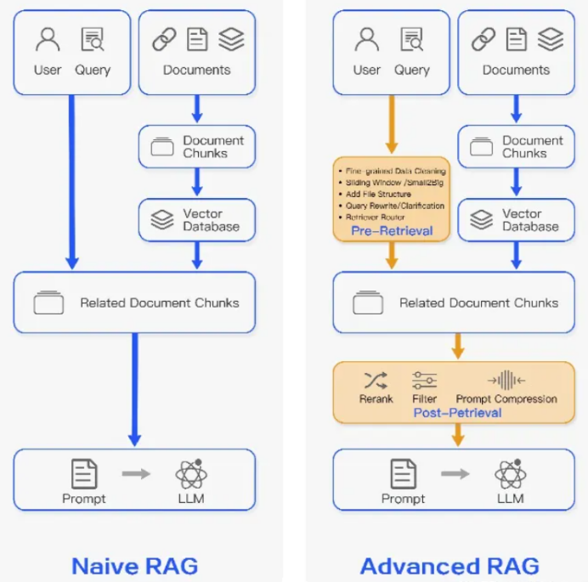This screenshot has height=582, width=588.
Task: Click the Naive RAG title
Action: pyautogui.click(x=134, y=565)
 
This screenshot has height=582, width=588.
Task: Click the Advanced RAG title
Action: pyautogui.click(x=449, y=565)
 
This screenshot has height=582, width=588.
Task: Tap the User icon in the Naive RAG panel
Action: pyautogui.click(x=48, y=39)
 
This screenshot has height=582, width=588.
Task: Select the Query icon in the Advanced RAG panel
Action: pyautogui.click(x=412, y=39)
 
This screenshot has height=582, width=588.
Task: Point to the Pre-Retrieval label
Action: pyautogui.click(x=390, y=231)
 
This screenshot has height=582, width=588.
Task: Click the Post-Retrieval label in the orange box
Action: pyautogui.click(x=457, y=413)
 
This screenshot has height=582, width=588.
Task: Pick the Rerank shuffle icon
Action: pyautogui.click(x=376, y=380)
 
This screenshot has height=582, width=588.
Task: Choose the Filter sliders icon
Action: pyautogui.click(x=424, y=380)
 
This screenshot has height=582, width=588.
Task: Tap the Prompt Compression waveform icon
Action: pyautogui.click(x=506, y=380)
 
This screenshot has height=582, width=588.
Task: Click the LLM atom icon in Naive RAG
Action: pyautogui.click(x=191, y=473)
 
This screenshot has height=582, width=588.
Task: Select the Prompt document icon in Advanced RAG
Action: pyautogui.click(x=403, y=473)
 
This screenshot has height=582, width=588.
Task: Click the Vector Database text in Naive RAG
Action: pyautogui.click(x=211, y=221)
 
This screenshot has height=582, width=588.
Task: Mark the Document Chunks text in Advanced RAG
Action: pyautogui.click(x=532, y=147)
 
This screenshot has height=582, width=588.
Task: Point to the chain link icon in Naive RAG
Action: pyautogui.click(x=164, y=39)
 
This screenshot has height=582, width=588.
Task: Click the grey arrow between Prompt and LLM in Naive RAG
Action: pyautogui.click(x=136, y=473)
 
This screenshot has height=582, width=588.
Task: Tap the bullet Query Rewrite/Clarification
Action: pyautogui.click(x=394, y=206)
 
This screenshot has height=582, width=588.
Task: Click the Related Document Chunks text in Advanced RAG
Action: pyautogui.click(x=478, y=302)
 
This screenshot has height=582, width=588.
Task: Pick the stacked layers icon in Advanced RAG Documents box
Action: pyautogui.click(x=551, y=39)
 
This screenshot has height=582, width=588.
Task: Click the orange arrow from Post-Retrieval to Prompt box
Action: pyautogui.click(x=458, y=435)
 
